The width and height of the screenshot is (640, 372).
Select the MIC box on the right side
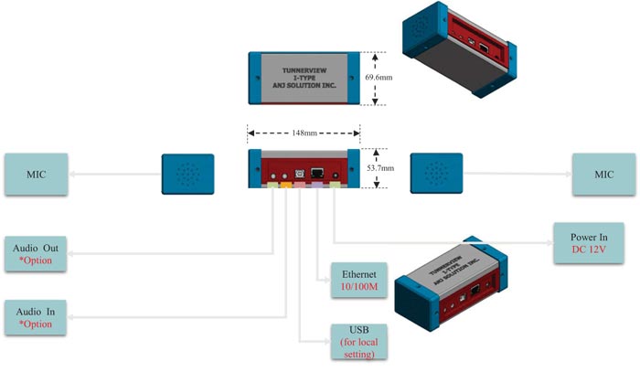pyautogui.click(x=603, y=174)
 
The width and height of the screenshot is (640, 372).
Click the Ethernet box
pyautogui.click(x=353, y=281)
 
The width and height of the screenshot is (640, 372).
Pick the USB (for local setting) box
pyautogui.click(x=357, y=343)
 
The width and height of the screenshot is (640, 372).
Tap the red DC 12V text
pyautogui.click(x=585, y=249)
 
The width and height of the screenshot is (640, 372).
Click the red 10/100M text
pyautogui.click(x=353, y=289)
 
